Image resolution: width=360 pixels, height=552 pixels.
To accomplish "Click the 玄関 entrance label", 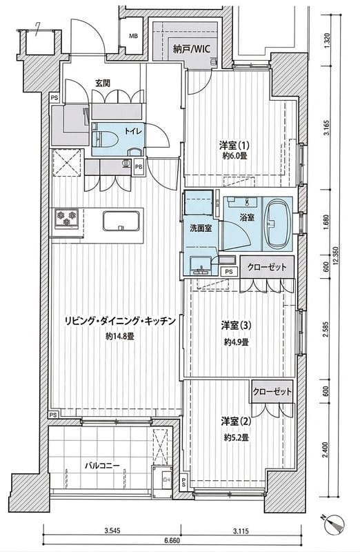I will click(x=103, y=83).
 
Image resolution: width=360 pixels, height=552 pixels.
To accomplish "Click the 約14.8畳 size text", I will click(x=120, y=337).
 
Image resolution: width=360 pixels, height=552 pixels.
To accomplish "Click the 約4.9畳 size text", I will click(x=236, y=342).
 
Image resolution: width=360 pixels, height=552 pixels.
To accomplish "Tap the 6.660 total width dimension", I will click(x=172, y=542).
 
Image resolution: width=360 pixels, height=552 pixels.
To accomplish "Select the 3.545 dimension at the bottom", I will click(x=114, y=531).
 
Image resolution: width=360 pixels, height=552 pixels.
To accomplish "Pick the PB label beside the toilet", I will click(x=139, y=166).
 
